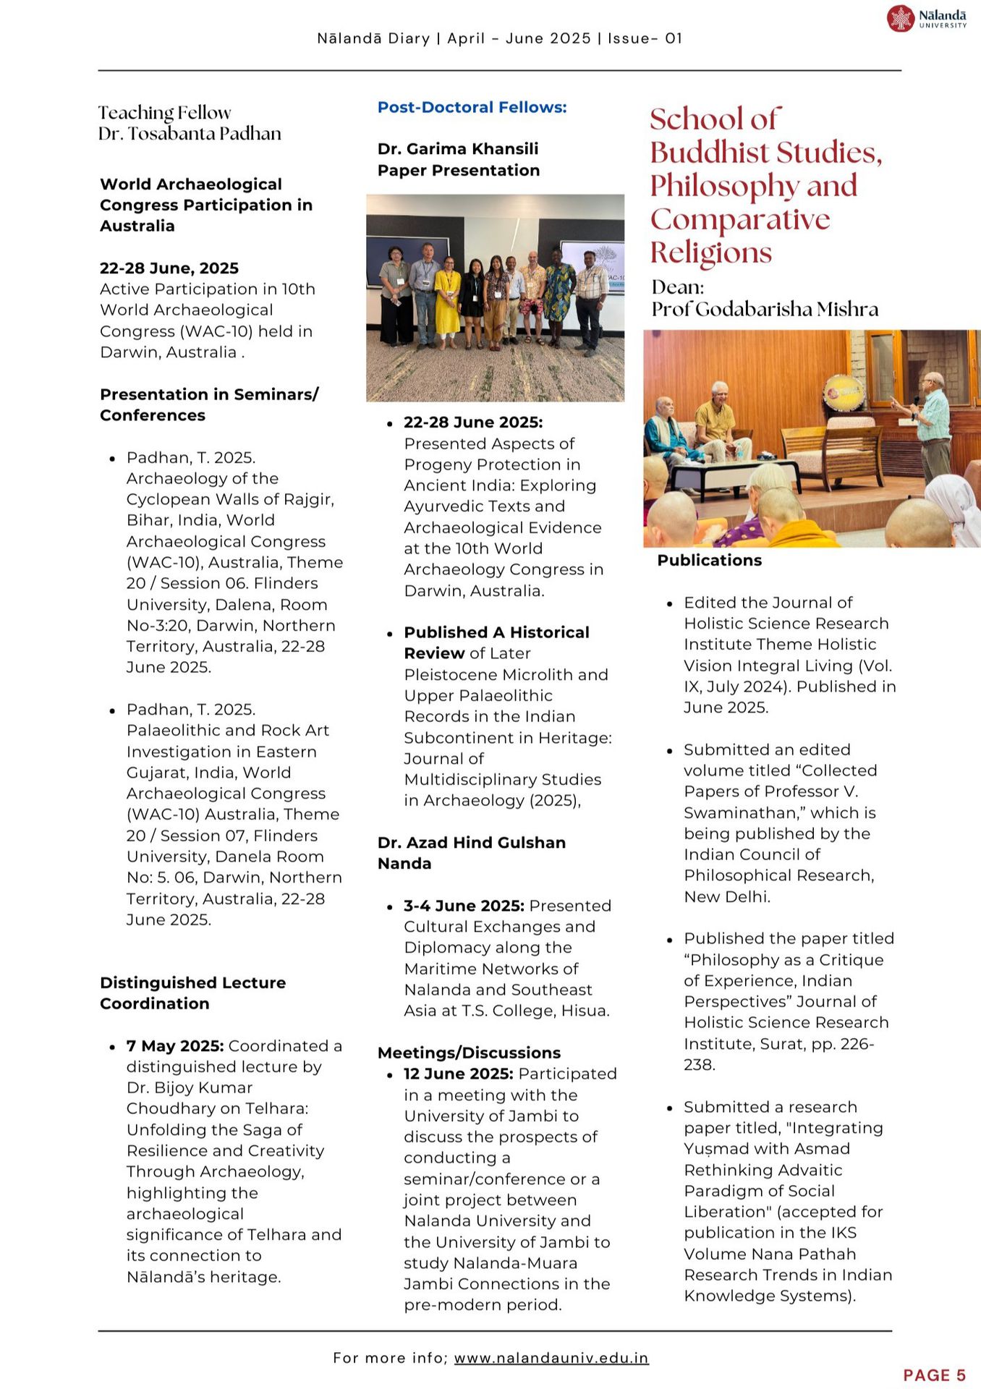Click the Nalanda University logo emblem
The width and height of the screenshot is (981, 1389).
click(901, 18)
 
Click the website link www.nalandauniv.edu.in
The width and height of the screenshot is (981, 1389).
click(551, 1358)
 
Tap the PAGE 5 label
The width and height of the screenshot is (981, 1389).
click(934, 1375)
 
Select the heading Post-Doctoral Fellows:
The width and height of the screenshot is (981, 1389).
click(472, 107)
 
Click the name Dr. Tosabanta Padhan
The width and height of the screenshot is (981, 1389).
click(190, 134)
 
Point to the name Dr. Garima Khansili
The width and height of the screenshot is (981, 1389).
click(457, 149)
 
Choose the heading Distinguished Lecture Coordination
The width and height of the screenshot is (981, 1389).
click(192, 993)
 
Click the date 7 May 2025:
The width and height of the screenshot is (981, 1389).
click(175, 1045)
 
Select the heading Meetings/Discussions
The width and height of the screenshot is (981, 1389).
click(469, 1053)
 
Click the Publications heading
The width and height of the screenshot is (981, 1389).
click(709, 560)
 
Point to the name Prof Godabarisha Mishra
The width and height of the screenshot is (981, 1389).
click(765, 310)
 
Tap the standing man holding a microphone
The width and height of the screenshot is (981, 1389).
click(933, 427)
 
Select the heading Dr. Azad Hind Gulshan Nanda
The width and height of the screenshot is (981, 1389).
click(471, 852)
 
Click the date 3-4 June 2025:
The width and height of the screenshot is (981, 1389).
click(464, 906)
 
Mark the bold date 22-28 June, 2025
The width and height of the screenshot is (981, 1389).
click(169, 268)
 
